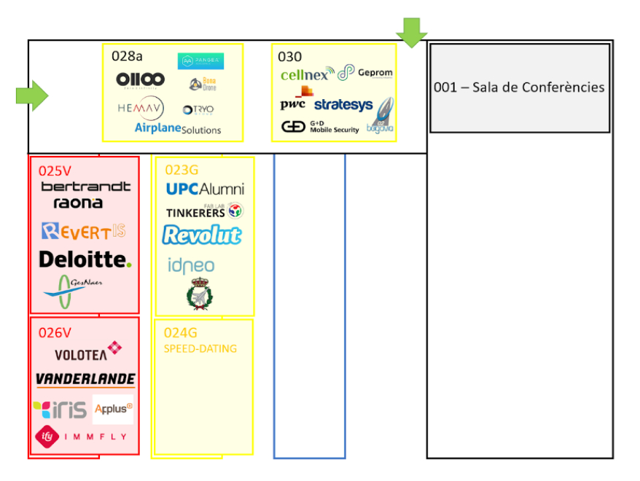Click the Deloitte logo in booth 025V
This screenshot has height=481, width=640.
click(85, 259)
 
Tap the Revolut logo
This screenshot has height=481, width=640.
click(202, 235)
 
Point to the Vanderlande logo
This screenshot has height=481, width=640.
click(85, 379)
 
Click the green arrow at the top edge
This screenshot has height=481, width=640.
click(412, 31)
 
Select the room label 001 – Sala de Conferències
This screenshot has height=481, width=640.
click(519, 87)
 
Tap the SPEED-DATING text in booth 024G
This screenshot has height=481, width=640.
click(200, 348)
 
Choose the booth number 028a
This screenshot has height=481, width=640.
click(126, 55)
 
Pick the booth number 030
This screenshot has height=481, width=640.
click(289, 57)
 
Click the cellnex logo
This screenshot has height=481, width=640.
click(307, 74)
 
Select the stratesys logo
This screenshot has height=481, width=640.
click(343, 105)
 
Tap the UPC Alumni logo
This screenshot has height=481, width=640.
click(205, 189)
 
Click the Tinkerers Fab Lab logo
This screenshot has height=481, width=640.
click(204, 211)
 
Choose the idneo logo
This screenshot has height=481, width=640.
click(191, 265)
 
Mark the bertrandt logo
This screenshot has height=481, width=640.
click(86, 187)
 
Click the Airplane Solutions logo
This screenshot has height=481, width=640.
click(178, 128)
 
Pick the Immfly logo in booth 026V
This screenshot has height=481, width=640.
click(81, 436)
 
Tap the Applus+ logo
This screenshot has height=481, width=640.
click(113, 409)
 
